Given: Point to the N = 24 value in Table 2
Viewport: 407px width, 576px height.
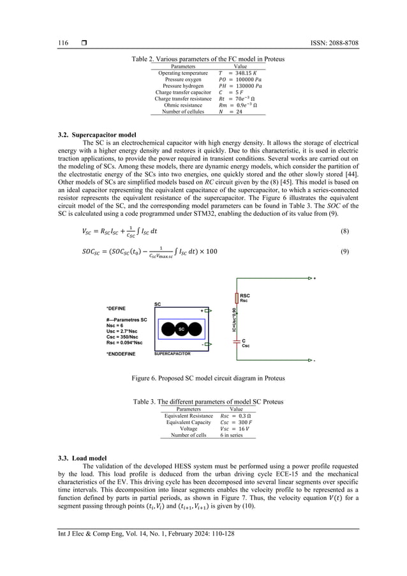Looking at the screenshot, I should pos(231,112).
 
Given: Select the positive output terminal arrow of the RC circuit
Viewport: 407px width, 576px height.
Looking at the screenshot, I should pos(311,278).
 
